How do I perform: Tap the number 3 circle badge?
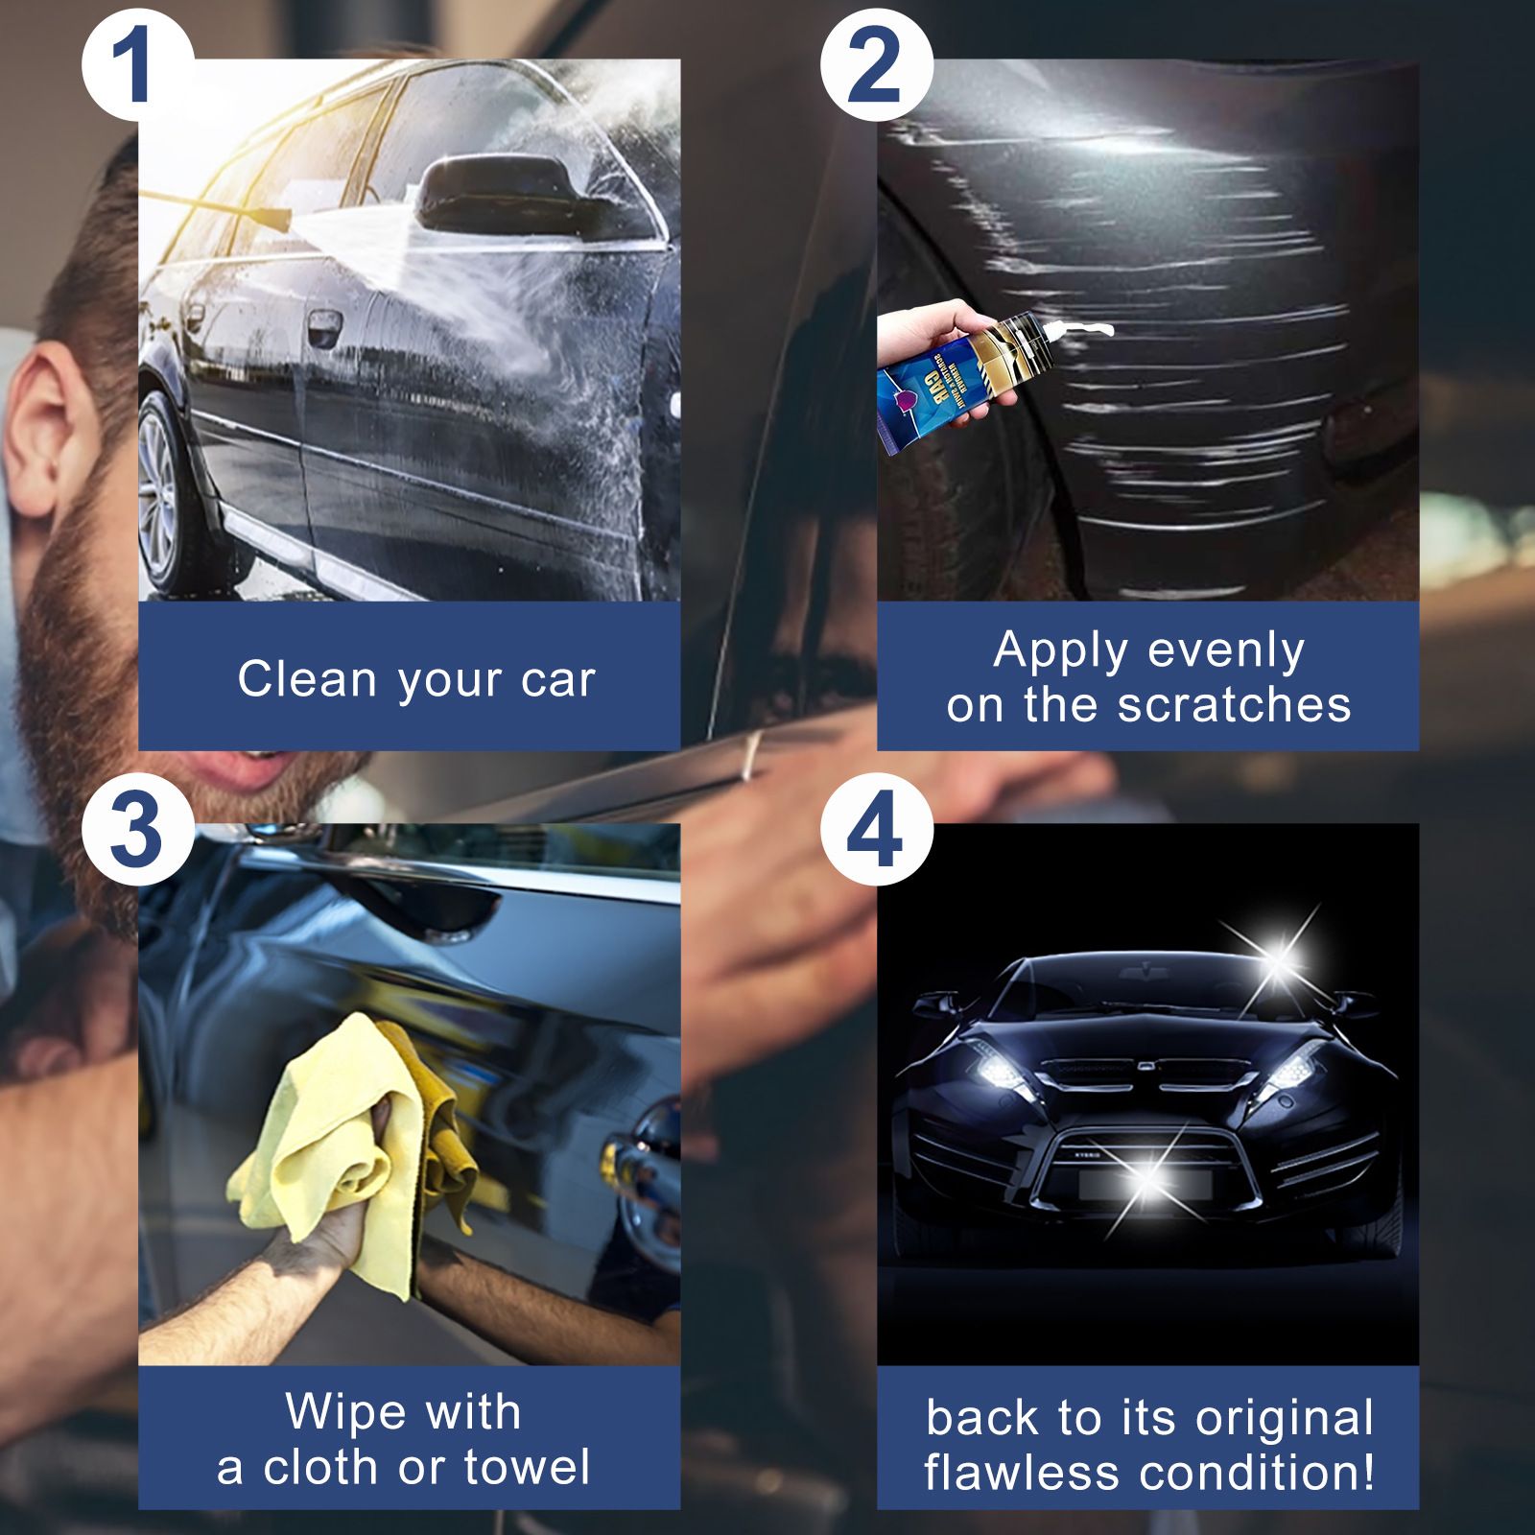tap(135, 830)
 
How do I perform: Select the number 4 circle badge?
tap(875, 830)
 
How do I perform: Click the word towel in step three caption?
tap(527, 1467)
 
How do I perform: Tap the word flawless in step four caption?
tap(1023, 1472)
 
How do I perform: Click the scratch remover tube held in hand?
tap(959, 374)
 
